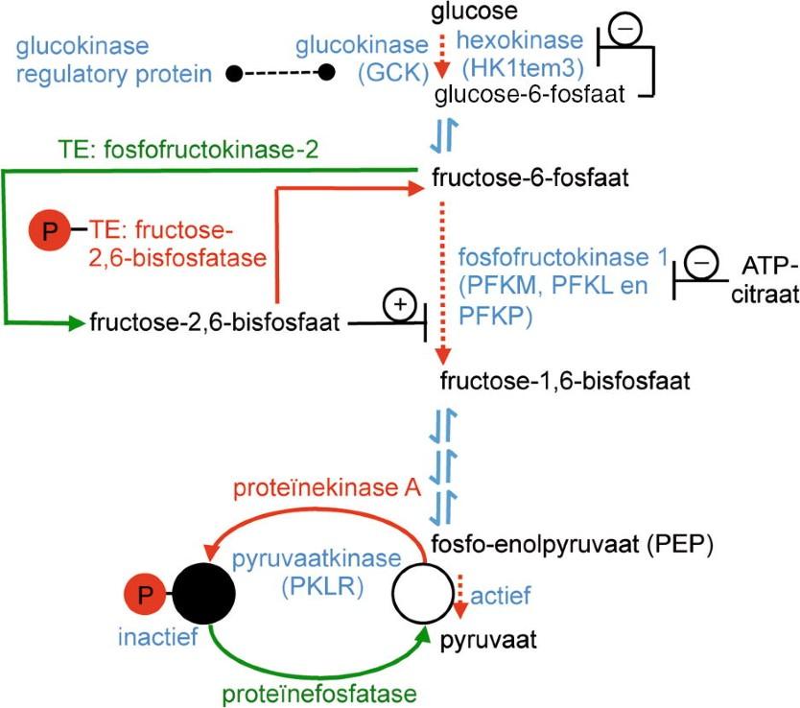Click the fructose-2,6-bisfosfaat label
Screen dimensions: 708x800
coord(217,323)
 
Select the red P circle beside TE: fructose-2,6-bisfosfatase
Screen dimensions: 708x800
coord(49,230)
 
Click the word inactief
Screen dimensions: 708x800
coord(154,637)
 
